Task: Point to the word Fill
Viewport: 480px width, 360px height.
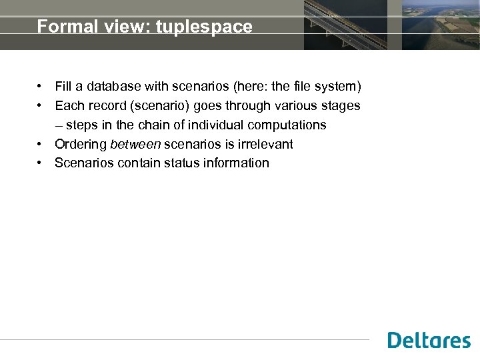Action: click(63, 87)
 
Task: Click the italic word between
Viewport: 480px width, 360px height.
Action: click(135, 144)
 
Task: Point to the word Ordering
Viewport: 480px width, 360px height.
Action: click(81, 144)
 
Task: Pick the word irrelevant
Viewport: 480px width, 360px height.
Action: click(265, 144)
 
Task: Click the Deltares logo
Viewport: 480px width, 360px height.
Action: click(429, 340)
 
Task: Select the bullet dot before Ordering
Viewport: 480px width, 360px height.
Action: click(41, 144)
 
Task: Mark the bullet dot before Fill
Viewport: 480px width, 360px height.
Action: click(41, 87)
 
